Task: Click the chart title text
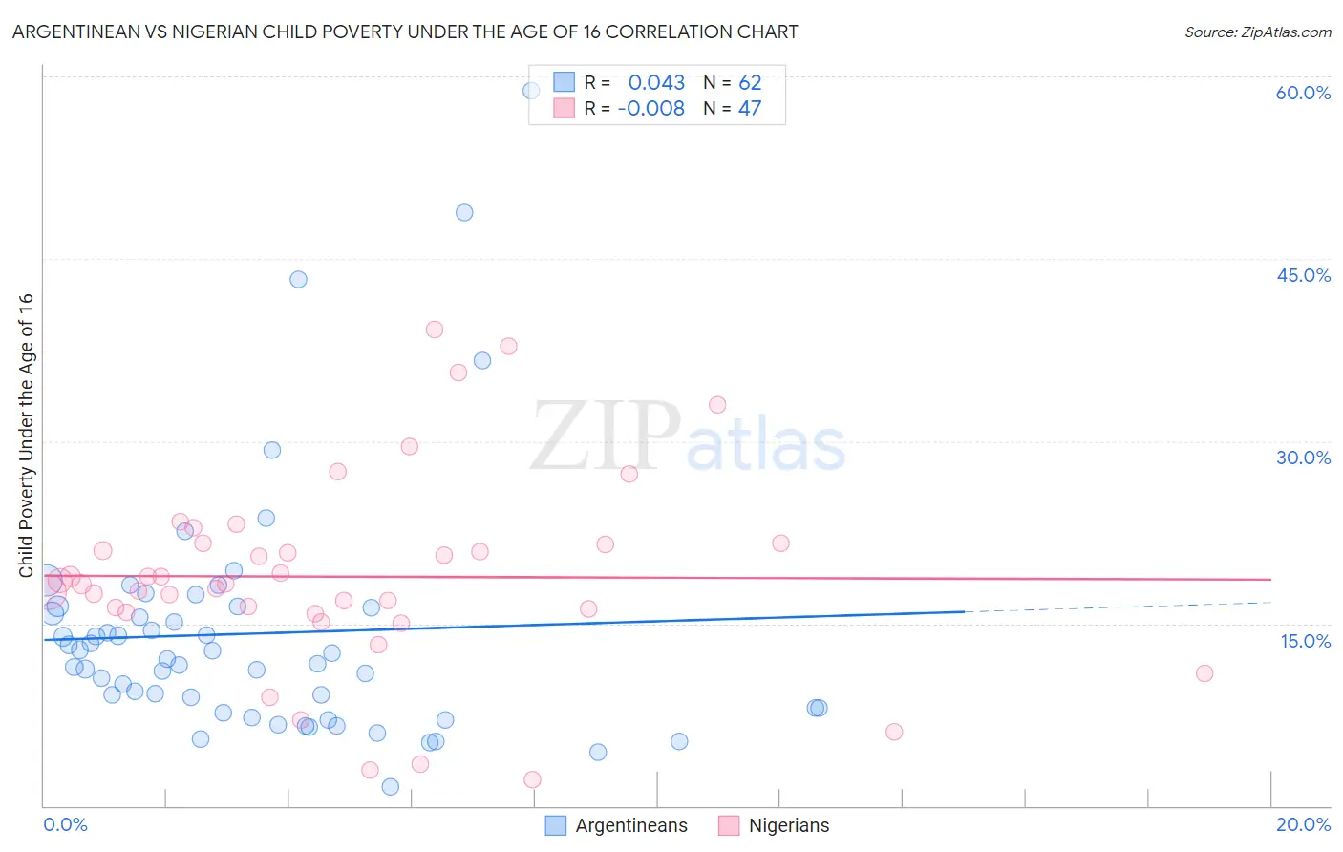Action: (405, 32)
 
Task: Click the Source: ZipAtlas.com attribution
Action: (1257, 32)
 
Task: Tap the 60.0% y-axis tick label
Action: (1303, 93)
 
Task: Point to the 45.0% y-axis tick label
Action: (1303, 275)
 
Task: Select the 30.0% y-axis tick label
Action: (1303, 458)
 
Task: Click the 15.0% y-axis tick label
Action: (1305, 641)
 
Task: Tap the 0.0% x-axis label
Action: (65, 824)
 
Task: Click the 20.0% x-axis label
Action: (1303, 824)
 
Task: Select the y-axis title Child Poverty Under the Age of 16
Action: (26, 435)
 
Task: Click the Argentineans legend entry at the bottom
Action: (630, 825)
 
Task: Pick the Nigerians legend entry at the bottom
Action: (788, 825)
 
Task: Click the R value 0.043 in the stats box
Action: (656, 83)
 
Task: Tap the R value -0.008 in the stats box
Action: (650, 109)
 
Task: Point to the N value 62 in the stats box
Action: (750, 83)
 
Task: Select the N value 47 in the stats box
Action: (750, 109)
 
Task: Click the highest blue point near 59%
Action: (531, 91)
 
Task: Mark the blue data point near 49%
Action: (464, 212)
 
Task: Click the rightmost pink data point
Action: (1204, 673)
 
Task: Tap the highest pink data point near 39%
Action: (435, 330)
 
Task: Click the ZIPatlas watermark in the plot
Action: (688, 437)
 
